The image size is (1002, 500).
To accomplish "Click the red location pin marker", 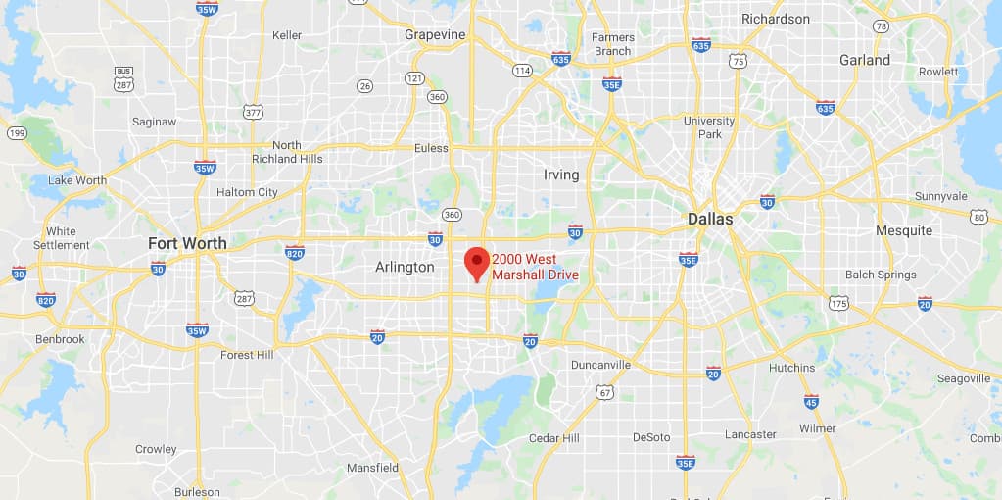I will pos(476,262).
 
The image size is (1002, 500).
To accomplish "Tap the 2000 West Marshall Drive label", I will pos(535,267).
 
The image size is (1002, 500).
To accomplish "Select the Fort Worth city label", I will pos(187,243).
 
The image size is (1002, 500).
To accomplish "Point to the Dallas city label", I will pos(709,219).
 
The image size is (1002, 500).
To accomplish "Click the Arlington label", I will pos(405,267).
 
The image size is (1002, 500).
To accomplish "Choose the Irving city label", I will pos(561,175).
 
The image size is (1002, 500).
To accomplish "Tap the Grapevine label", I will pos(434,34).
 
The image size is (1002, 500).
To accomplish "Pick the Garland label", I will pos(865,60).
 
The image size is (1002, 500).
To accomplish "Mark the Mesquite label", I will pos(903,230).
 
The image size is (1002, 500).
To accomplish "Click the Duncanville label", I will pos(600,365).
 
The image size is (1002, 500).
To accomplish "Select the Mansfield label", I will pos(372,468).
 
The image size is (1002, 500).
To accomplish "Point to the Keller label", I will pos(287,35).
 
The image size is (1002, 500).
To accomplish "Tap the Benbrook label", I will pos(61,339).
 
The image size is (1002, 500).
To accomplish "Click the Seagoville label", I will pos(964,378).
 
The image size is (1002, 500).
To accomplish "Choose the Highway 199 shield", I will pos(17,132).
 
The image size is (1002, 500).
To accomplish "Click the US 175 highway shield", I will pos(837,304).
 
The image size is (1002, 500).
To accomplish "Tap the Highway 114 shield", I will pos(522,71).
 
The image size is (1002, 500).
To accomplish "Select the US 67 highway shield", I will pos(606,393).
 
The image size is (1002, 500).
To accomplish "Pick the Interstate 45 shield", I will pos(811,401).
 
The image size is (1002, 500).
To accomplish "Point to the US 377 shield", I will pos(254,113).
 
